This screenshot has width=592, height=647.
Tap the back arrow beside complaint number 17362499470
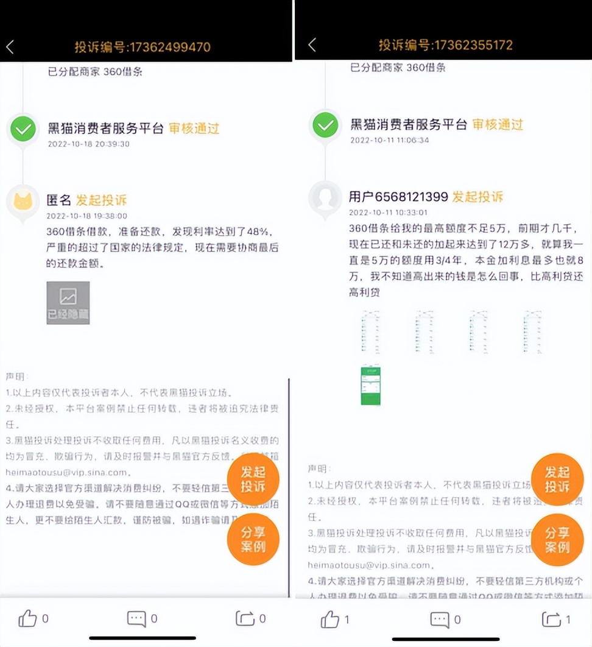tap(10, 47)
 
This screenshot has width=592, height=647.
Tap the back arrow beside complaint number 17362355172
tap(312, 44)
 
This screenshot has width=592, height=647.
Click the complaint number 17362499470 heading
tap(143, 47)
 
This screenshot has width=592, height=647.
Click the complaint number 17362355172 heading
tap(445, 44)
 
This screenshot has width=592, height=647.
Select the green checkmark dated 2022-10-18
tap(23, 129)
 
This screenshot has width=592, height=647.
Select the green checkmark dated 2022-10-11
tap(325, 126)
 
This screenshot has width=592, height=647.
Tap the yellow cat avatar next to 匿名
tap(23, 202)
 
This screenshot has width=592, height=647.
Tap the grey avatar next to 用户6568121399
tap(325, 198)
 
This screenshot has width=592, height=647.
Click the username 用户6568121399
tap(398, 197)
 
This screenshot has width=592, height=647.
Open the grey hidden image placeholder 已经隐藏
tap(68, 303)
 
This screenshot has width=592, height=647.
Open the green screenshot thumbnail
tap(370, 384)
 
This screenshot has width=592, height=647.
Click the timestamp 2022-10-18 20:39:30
tap(88, 144)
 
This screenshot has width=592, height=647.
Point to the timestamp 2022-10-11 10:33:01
tap(389, 213)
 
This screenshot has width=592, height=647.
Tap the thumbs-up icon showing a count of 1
tap(330, 620)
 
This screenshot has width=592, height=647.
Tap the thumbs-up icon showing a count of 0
tap(28, 620)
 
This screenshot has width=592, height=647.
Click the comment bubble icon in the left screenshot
tap(136, 619)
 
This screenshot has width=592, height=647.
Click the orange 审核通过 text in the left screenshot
tap(194, 129)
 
